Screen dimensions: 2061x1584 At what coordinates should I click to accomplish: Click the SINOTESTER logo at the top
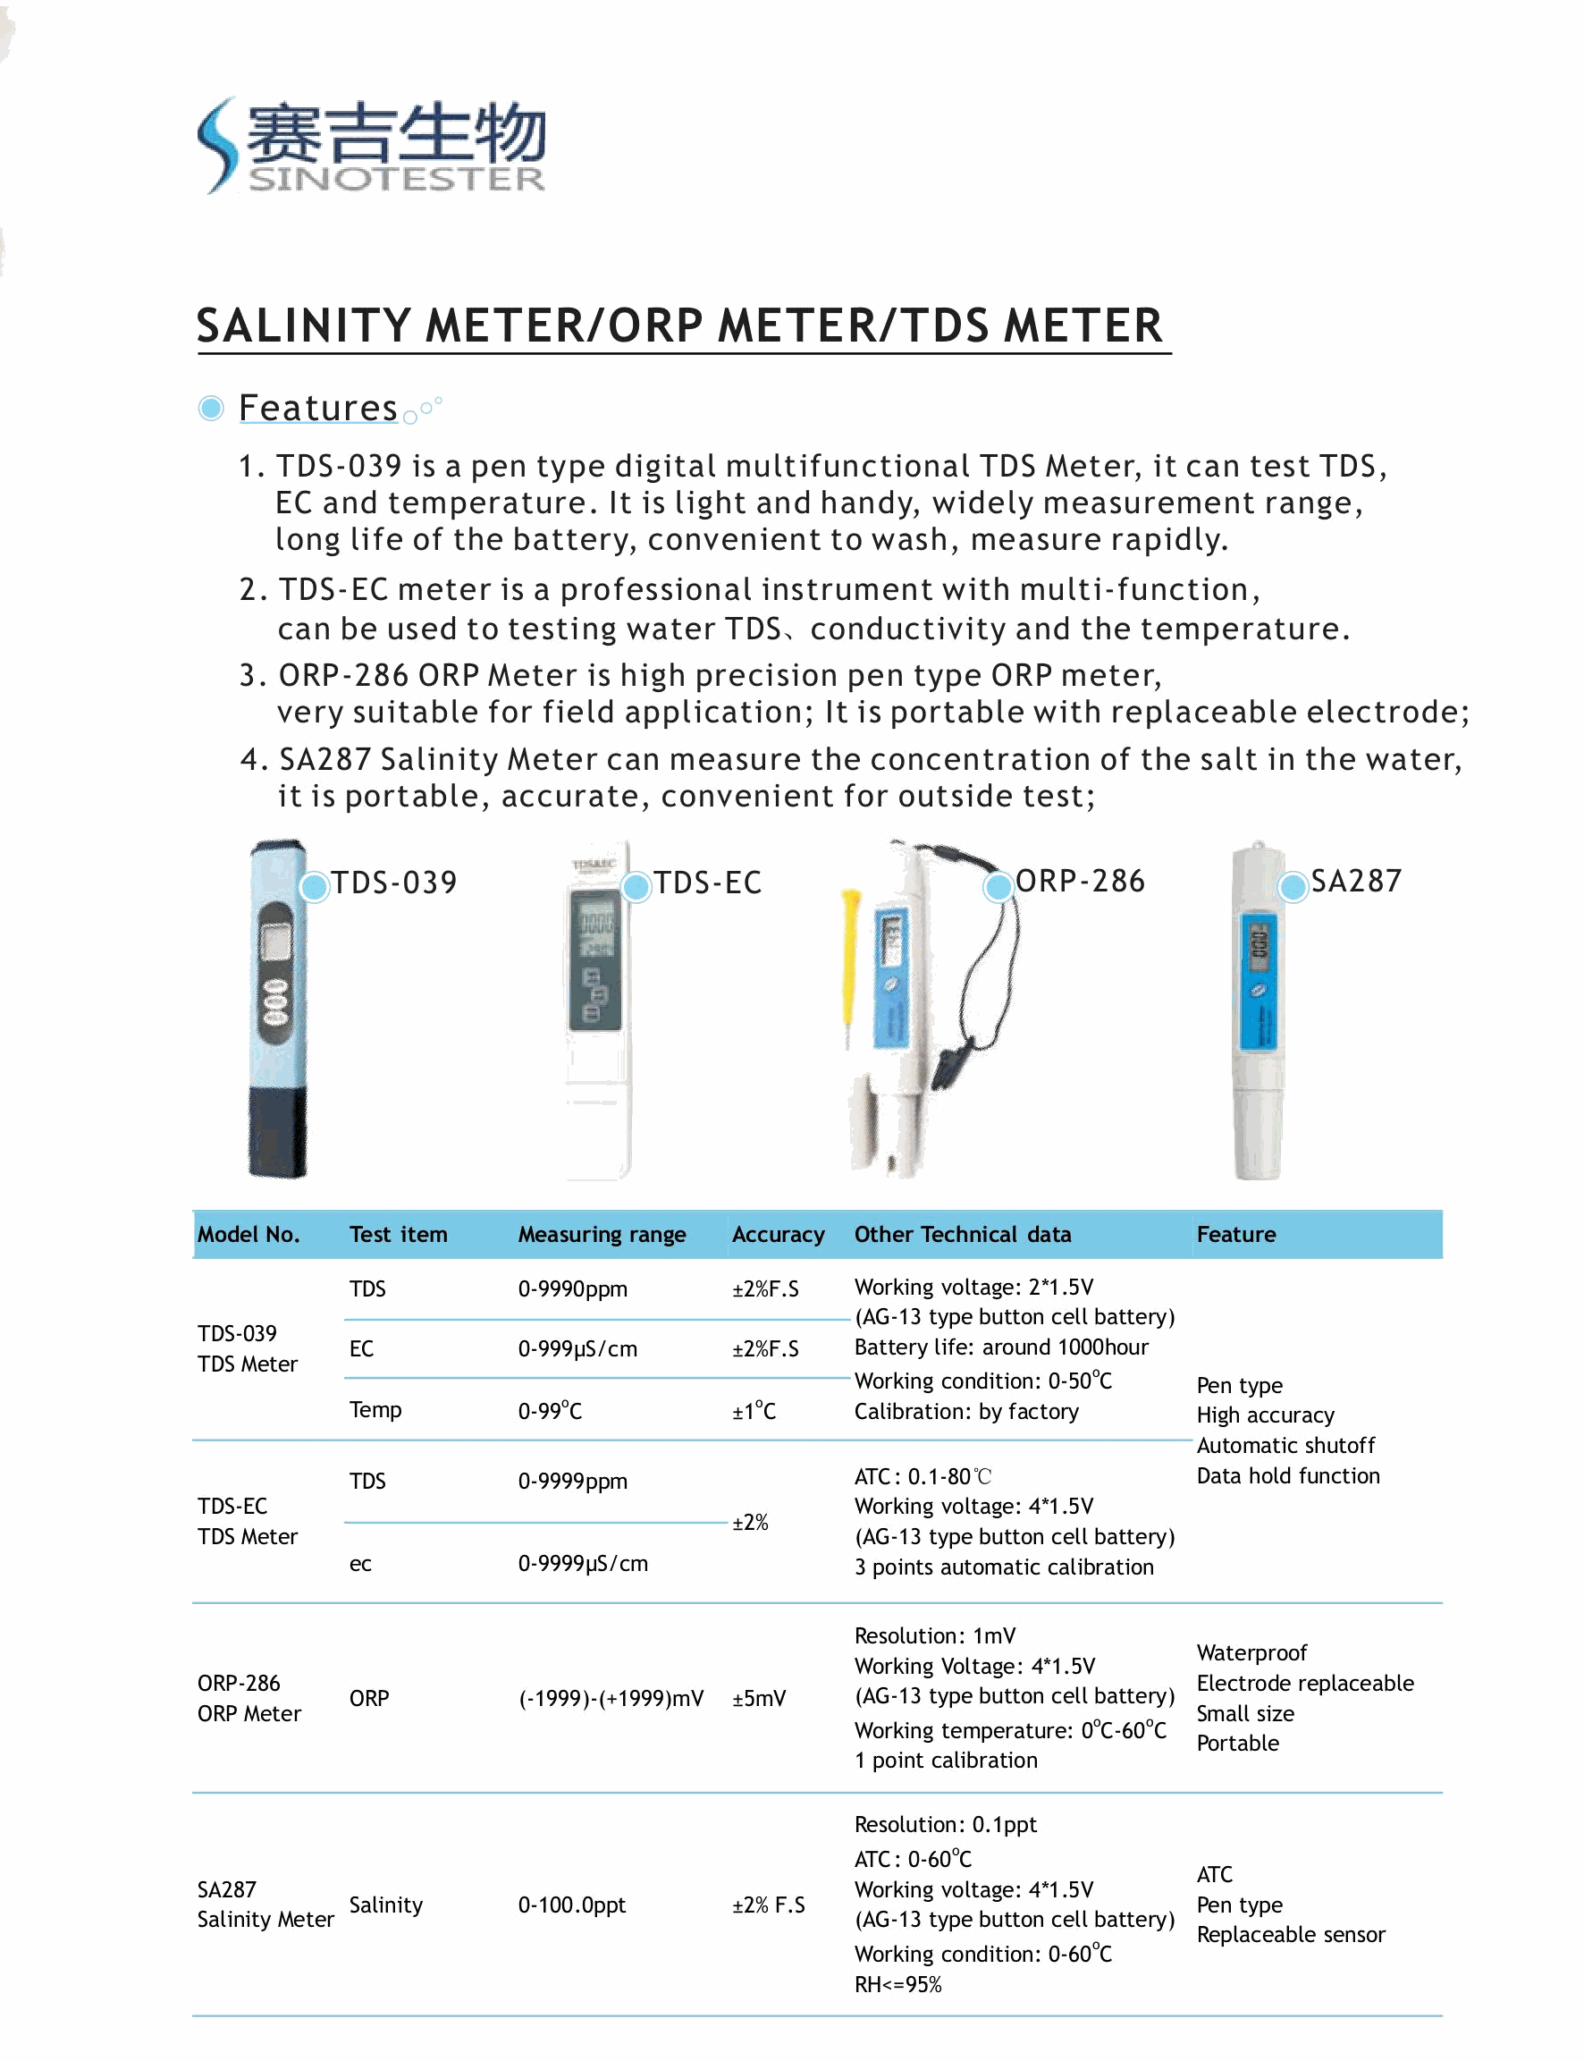(x=372, y=147)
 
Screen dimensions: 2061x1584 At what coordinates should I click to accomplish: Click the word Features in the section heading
(x=317, y=409)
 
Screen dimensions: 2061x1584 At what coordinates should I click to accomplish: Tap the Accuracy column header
(x=778, y=1235)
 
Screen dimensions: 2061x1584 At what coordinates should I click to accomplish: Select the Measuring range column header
(x=602, y=1235)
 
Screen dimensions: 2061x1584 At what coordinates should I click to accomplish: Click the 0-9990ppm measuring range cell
(x=572, y=1289)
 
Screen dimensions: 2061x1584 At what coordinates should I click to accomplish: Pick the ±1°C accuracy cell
(x=754, y=1411)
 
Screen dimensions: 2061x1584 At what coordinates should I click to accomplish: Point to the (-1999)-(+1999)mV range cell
(x=611, y=1699)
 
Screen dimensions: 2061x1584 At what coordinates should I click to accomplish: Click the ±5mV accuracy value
(x=758, y=1699)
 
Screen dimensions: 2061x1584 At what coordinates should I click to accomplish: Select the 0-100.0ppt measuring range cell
(x=571, y=1905)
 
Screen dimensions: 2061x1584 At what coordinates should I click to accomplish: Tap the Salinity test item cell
(x=385, y=1905)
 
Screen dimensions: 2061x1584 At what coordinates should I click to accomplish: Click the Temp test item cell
(x=375, y=1410)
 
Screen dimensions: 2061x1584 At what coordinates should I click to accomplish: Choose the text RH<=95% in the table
(x=897, y=1985)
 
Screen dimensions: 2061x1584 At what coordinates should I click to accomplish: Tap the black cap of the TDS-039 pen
(x=277, y=1132)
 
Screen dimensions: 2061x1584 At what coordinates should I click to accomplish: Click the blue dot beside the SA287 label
(x=1293, y=887)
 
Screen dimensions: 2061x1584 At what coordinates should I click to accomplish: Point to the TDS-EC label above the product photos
(x=707, y=883)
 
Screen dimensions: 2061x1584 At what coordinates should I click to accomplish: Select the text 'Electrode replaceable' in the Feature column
(x=1305, y=1684)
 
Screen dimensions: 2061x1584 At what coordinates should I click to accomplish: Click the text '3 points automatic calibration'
(x=1003, y=1567)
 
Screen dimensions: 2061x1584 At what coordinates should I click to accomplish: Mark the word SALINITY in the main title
(x=304, y=326)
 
